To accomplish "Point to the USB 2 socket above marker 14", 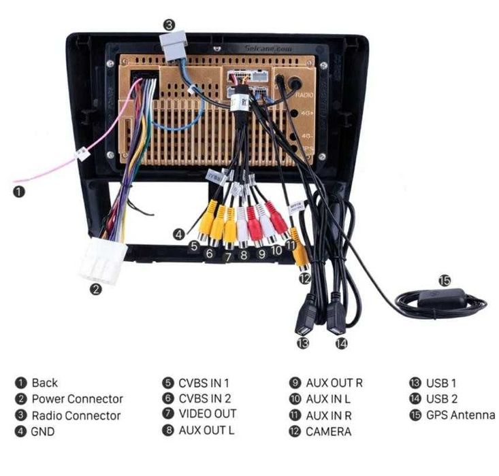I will pos(336,317).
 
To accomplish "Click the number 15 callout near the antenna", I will pos(444,279).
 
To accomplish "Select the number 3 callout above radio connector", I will pos(170,25).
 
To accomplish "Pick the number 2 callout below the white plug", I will pos(96,290).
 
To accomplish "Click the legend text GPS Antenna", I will pos(460,415).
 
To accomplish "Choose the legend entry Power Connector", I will pos(77,399).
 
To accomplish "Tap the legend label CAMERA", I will pos(328,431).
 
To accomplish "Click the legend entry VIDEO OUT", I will pos(207,413).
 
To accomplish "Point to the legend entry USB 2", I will pos(441,399).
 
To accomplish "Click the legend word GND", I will pos(43,431).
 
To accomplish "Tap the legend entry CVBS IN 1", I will pos(204,383).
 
